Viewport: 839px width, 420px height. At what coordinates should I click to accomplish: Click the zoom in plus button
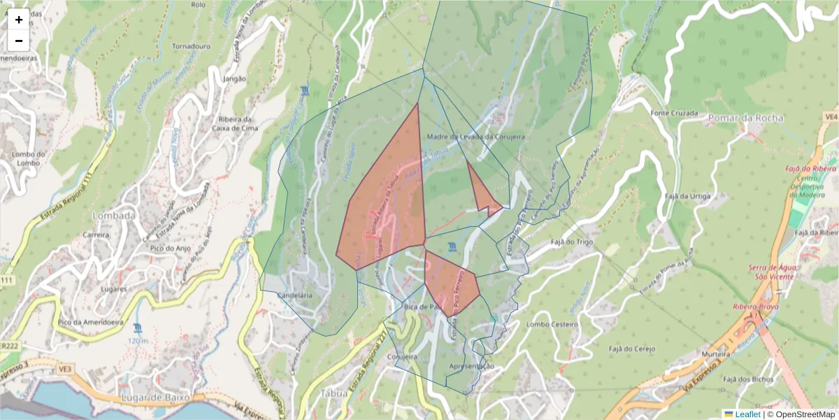pos(18,20)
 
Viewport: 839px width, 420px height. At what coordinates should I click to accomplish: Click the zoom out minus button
pos(18,41)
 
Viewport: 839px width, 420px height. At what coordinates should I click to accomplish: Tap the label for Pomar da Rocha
pos(740,117)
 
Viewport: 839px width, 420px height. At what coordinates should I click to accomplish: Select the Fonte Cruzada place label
pos(675,113)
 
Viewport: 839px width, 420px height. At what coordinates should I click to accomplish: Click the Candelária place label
pos(295,296)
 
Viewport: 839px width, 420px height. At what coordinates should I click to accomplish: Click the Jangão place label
pos(234,79)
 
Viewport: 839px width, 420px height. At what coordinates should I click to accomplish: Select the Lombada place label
pos(114,216)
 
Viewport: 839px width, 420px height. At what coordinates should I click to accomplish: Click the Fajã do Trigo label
pos(572,241)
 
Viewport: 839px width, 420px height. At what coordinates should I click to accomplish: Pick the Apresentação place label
pos(471,366)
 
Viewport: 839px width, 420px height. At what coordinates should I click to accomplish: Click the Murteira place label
pos(716,355)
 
